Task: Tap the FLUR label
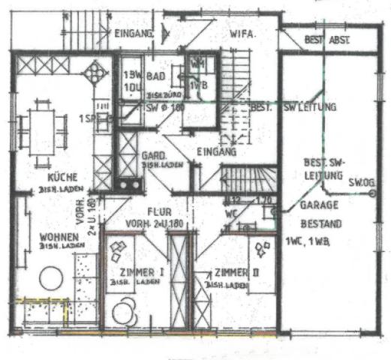(x=158, y=211)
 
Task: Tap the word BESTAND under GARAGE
(x=321, y=223)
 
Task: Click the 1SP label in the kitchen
(x=89, y=118)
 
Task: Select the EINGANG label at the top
(x=136, y=34)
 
